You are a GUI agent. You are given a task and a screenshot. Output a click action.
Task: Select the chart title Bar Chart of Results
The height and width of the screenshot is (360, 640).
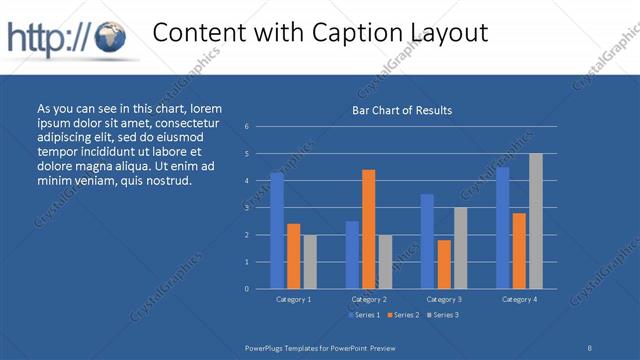pos(402,110)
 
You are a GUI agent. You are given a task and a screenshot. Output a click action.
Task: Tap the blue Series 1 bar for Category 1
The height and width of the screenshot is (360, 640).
pos(277,230)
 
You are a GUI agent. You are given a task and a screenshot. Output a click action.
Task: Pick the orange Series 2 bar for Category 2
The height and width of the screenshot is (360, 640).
pos(369,229)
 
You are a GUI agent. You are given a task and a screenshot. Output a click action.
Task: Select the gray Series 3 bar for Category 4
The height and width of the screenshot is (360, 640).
pos(536,221)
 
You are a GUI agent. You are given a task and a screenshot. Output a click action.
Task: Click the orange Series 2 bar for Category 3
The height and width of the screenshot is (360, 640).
pos(444,264)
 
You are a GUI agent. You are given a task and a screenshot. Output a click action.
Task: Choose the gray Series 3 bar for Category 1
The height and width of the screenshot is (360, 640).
pos(310,261)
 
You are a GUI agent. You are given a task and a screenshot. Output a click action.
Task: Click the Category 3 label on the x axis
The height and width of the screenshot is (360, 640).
pos(444,299)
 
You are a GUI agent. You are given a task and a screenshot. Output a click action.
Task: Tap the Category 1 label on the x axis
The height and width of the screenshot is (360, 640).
pos(293,299)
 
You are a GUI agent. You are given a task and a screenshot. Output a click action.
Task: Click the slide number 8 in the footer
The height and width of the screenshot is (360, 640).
pos(589,347)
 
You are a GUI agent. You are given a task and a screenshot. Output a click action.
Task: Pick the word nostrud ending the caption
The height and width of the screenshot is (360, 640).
pos(167,180)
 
